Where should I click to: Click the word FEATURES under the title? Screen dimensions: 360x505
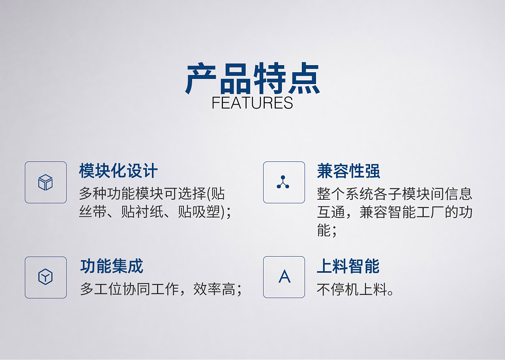point(252,103)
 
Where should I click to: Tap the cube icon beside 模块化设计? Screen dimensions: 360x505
point(46,182)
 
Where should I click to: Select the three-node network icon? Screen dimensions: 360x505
point(284,182)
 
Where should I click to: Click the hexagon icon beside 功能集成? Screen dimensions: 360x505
point(46,277)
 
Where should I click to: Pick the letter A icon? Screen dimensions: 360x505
point(284,277)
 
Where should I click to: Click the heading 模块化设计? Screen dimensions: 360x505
point(118,171)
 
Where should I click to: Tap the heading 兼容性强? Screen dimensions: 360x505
point(348,171)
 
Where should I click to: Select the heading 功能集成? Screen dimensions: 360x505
point(112,266)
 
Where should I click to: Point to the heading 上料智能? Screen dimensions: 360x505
point(348,266)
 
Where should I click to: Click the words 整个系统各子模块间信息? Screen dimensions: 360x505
point(395,194)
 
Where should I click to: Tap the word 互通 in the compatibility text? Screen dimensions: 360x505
point(331,212)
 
